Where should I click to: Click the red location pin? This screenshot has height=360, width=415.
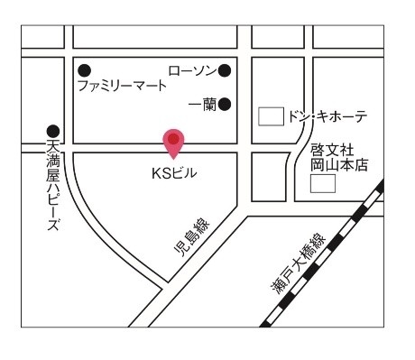[x=173, y=142]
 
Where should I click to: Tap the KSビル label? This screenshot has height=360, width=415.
[x=173, y=171]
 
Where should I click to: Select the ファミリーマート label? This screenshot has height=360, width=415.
[x=122, y=87]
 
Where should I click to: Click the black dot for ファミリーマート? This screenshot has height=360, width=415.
[x=85, y=69]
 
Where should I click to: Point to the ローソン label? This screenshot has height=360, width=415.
[x=193, y=69]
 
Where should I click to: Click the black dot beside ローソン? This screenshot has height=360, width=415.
[x=225, y=69]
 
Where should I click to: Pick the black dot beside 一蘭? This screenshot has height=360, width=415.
[x=225, y=104]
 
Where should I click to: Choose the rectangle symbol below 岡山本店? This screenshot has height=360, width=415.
[x=323, y=184]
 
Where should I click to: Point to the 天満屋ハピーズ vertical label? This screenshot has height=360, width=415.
[x=53, y=186]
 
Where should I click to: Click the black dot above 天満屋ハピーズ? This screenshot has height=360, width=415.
[x=53, y=131]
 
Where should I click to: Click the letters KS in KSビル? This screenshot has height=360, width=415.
[x=161, y=171]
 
